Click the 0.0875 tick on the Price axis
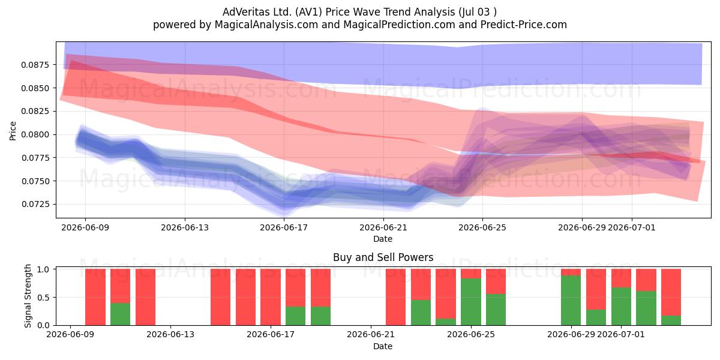[x=35, y=65]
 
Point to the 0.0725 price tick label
[x=35, y=205]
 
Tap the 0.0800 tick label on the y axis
[x=35, y=134]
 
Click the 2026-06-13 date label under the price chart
[x=185, y=227]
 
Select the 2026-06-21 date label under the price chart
[x=383, y=227]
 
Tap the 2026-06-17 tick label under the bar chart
[x=271, y=334]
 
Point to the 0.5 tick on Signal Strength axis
[x=43, y=298]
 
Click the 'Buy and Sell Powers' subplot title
[x=383, y=257]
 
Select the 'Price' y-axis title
[x=13, y=131]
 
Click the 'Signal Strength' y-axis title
[x=28, y=296]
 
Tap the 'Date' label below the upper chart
[x=383, y=239]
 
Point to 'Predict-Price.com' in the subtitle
[x=524, y=25]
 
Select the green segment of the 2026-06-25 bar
[x=471, y=302]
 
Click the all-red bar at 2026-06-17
[x=271, y=297]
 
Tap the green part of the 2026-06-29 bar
[x=571, y=300]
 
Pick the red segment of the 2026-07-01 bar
[x=621, y=278]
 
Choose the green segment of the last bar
[x=671, y=320]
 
